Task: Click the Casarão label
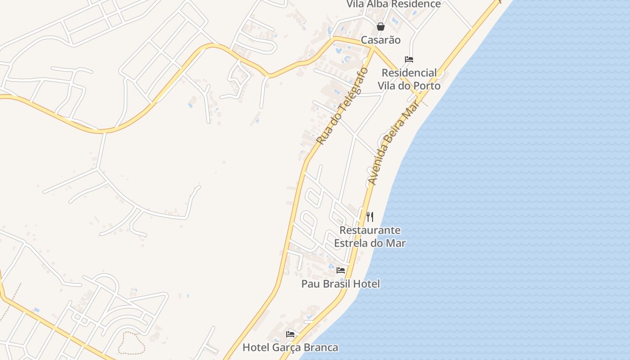[x=380, y=40]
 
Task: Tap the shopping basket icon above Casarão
[x=381, y=27]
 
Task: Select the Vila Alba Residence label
[x=393, y=4]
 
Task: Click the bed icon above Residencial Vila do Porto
[x=409, y=59]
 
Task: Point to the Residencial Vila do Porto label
[x=409, y=79]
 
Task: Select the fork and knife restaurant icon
[x=370, y=217]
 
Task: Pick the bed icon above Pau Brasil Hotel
[x=341, y=270]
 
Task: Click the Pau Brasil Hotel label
[x=340, y=284]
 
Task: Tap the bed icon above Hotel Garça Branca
[x=290, y=334]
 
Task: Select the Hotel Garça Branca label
[x=290, y=347]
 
